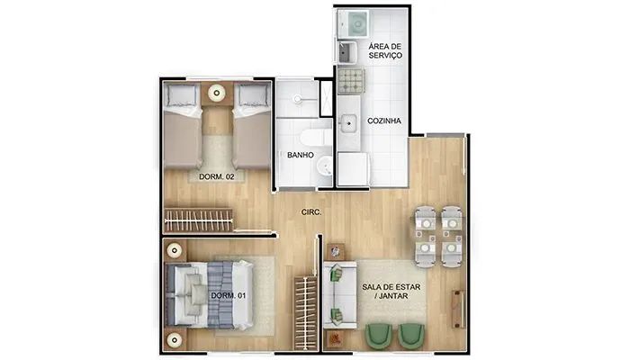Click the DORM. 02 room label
(217, 176)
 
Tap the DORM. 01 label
(229, 296)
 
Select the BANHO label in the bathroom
(301, 155)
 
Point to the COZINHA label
(384, 121)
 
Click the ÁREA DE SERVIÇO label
(385, 51)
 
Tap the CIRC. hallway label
(311, 212)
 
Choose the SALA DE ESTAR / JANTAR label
(391, 292)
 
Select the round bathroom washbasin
(324, 166)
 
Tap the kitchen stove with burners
(351, 81)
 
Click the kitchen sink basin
(347, 122)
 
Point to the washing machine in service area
(353, 23)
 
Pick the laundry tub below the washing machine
(347, 52)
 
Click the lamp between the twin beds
(217, 94)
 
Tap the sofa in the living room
(340, 295)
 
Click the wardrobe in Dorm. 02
(198, 220)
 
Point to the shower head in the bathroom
(297, 98)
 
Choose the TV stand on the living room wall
(458, 309)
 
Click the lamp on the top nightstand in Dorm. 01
(174, 251)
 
